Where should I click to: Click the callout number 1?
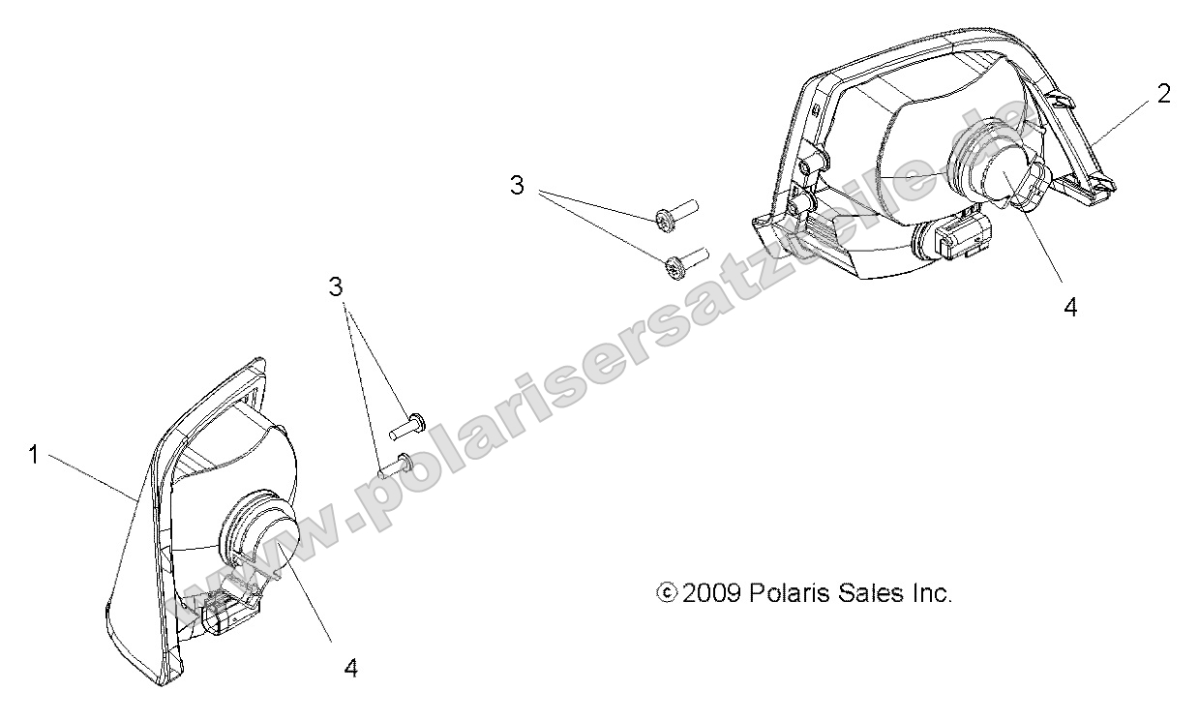(x=34, y=456)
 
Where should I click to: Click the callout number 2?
(x=1163, y=95)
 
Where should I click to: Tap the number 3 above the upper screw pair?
(x=517, y=186)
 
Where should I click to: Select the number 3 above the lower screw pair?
(x=336, y=287)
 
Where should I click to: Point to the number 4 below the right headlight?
(x=1070, y=308)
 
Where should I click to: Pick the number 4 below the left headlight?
(x=351, y=668)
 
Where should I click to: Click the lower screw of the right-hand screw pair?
(x=686, y=263)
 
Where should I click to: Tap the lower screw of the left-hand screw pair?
(x=397, y=465)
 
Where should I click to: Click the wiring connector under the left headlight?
(x=227, y=613)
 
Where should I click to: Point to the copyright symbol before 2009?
(x=667, y=592)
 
